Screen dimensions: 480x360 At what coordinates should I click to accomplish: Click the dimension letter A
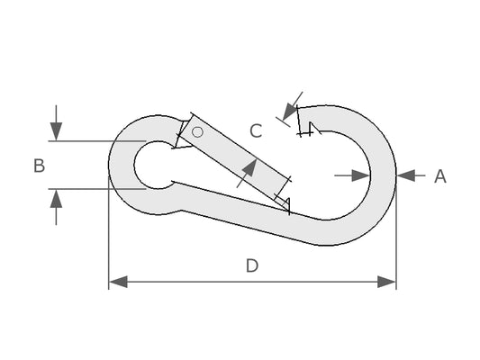click(440, 176)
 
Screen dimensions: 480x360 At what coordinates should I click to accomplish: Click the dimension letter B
click(40, 166)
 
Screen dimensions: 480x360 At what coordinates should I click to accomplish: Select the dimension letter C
click(256, 130)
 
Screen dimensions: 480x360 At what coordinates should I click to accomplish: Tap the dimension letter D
click(252, 265)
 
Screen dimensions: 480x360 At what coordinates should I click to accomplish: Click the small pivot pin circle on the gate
click(197, 132)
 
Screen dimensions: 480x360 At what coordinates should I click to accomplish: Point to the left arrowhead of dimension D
click(118, 282)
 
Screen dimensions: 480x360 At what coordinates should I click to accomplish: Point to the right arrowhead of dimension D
click(386, 282)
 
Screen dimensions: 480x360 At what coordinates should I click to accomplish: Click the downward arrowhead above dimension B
click(56, 131)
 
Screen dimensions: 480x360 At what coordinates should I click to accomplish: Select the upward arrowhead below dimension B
click(56, 199)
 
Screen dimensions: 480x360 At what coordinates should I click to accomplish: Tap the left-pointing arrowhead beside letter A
click(406, 175)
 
